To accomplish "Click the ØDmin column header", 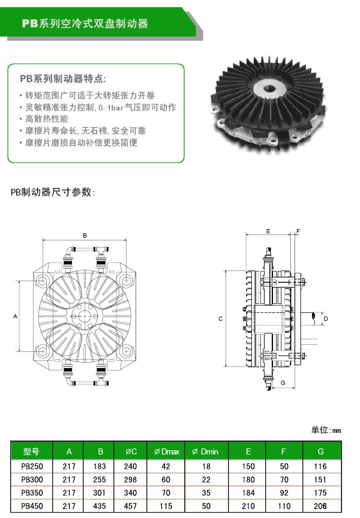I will coord(205,451).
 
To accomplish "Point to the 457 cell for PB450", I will coord(130,506).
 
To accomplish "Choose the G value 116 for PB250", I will coord(321,466).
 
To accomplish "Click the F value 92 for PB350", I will coord(283,493).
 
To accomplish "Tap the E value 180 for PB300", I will coord(248,480).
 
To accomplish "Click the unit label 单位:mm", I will coord(326,430).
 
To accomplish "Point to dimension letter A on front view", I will coord(15,315).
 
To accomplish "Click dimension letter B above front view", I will coord(85,236).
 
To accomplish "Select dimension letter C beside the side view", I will coord(220,318).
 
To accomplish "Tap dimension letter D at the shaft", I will coord(325,318).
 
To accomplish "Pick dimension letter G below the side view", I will coord(282,383).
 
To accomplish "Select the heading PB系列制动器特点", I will coord(63,79).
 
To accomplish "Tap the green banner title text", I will coord(85,24).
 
